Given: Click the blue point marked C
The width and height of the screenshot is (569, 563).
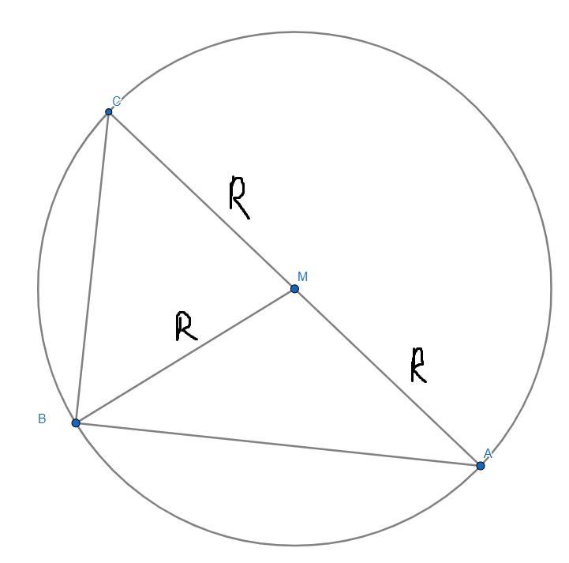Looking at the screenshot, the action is tap(109, 111).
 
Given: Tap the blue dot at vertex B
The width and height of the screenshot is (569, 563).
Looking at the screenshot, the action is tap(76, 423).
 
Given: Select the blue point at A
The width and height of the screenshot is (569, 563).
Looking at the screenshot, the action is tap(481, 466).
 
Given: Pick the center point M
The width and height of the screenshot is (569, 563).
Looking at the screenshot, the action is tap(295, 289).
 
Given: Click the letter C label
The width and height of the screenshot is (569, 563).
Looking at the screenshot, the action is tap(117, 101).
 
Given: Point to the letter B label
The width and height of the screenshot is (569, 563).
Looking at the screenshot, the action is tap(42, 419).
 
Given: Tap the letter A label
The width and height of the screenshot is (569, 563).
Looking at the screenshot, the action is tap(488, 454).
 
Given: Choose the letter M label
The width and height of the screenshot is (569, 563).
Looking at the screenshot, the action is tap(303, 277).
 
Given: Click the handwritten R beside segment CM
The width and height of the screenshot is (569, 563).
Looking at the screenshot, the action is tap(239, 197).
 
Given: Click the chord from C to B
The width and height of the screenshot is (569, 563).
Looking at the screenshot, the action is tap(92, 267).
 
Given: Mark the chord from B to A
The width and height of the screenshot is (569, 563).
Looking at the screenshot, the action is tap(278, 445).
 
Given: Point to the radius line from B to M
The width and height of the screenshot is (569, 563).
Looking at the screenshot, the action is tap(185, 356).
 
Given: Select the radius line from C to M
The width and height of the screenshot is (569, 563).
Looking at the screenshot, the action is tap(202, 200).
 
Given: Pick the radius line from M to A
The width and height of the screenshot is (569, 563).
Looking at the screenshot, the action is tap(387, 377).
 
